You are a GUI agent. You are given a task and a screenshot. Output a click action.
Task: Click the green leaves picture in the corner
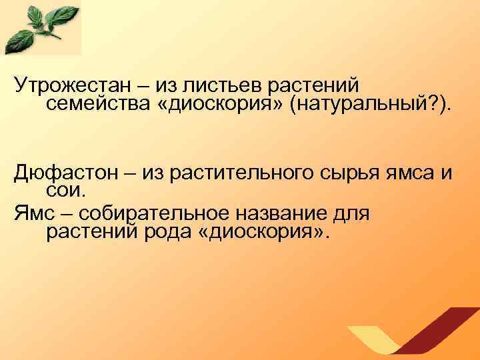click(41, 28)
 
